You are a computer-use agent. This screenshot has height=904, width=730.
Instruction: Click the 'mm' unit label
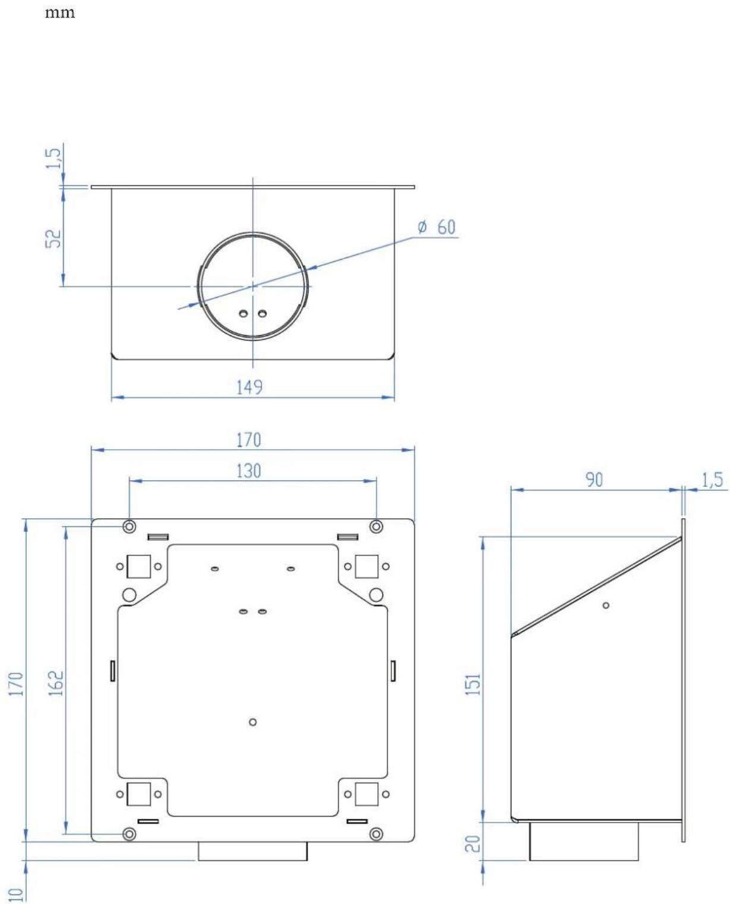pos(60,13)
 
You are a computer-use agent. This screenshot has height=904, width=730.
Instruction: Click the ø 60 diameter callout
pos(437,227)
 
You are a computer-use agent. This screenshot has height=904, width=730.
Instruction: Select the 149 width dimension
pos(249,387)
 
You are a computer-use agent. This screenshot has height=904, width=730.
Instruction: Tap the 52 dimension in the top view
pos(53,238)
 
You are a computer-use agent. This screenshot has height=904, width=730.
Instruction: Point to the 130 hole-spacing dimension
pos(248,471)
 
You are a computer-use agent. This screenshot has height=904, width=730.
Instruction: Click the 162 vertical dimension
pos(56,683)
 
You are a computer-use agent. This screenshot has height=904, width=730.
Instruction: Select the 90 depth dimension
pos(594,480)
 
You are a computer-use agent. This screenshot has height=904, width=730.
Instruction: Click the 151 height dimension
pos(473,683)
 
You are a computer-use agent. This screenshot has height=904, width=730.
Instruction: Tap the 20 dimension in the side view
pos(473,844)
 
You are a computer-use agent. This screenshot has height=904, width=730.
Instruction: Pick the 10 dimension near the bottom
pos(16,894)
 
